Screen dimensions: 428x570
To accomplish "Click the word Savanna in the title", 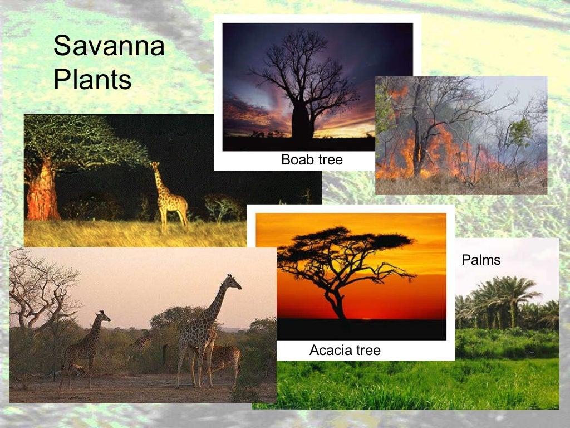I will click(x=109, y=46).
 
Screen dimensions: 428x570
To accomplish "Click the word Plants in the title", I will click(x=92, y=80).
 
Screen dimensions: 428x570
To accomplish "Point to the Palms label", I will click(x=481, y=260).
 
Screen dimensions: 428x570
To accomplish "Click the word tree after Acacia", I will click(x=368, y=350).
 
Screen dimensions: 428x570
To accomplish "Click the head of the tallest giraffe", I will click(x=233, y=281).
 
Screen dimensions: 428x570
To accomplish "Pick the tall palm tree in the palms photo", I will click(x=515, y=295).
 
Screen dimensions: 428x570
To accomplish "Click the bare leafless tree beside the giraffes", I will click(x=39, y=290).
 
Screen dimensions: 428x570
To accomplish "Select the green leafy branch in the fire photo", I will click(x=520, y=131).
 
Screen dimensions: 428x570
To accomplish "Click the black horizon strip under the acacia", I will click(x=362, y=329).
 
